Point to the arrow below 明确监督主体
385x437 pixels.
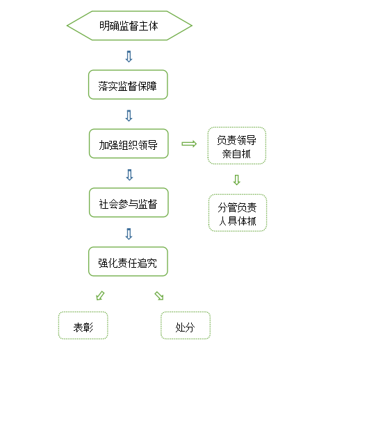coord(129,56)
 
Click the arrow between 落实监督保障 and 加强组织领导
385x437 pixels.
coord(129,115)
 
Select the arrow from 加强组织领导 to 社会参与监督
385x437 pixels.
coord(129,175)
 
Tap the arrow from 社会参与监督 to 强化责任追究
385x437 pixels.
coord(129,234)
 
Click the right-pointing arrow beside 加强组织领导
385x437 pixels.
coord(189,144)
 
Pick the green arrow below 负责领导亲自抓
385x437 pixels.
coord(237,180)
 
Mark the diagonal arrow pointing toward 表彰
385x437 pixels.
coord(100,295)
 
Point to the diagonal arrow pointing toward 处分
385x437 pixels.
coord(159,295)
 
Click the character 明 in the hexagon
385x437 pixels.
coord(104,26)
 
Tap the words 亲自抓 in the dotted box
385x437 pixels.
coord(236,154)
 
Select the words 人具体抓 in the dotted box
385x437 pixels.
coord(237,221)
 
